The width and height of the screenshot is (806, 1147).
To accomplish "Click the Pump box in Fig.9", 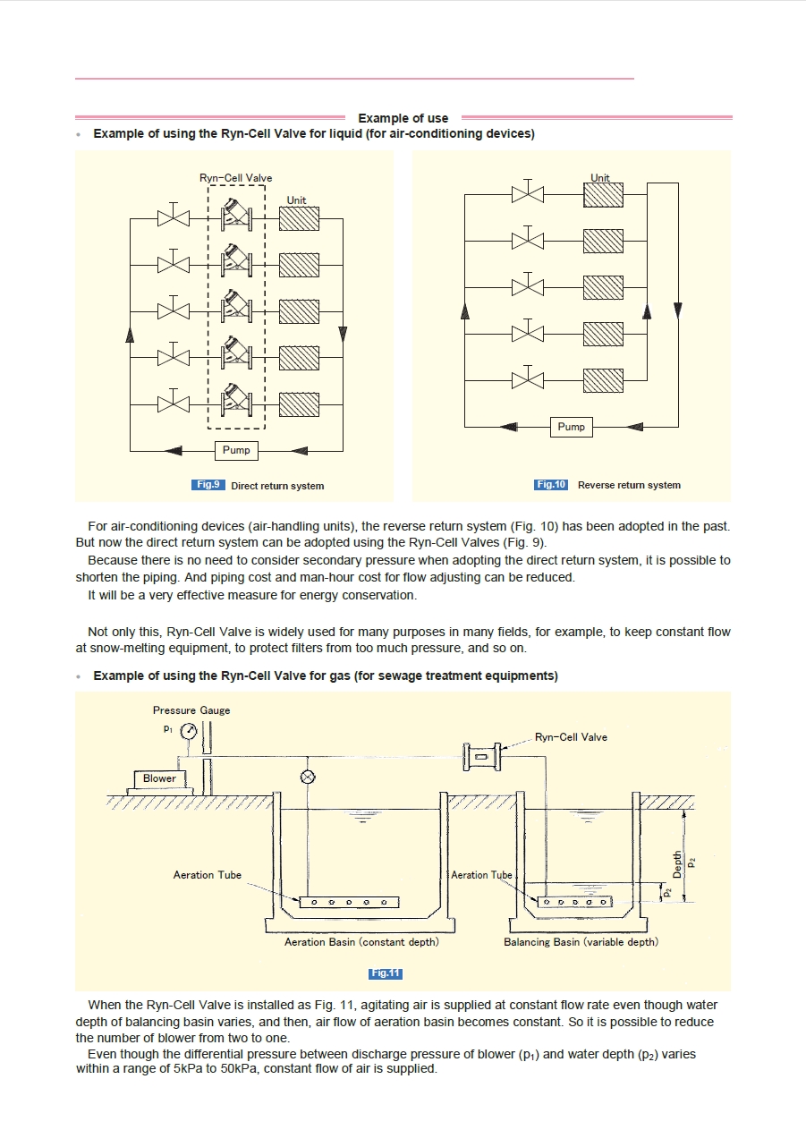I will pos(236,450).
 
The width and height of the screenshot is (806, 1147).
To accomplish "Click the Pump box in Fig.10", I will pos(571,427).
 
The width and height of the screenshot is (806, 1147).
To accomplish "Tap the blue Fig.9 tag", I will pos(208,485).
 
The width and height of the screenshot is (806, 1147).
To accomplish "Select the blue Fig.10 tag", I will pos(551,485).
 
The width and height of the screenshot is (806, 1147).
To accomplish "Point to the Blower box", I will pos(160,778).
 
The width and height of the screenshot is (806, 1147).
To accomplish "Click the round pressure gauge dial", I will pos(190,732).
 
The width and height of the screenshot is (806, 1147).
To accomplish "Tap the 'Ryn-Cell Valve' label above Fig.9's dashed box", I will pos(235,178).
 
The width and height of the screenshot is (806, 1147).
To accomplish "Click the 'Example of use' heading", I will pos(403,118).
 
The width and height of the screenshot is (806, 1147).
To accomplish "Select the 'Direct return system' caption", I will pos(277,486).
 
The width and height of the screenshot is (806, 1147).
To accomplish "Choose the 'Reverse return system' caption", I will pos(629,485).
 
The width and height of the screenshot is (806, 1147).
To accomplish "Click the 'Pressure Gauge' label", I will pos(191,710).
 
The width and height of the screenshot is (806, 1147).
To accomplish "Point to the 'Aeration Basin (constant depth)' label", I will pos(361,942).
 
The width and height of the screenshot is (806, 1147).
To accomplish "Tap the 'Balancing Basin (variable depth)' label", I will pos(581,942).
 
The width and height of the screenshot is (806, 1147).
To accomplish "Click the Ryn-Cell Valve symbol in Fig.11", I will pos(481,756).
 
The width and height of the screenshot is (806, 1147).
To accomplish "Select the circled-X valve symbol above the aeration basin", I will pos(309,777).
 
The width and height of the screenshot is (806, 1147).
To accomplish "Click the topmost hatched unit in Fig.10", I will pos(603,194).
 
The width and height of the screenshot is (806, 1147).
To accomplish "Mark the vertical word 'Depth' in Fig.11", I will pos(677,864).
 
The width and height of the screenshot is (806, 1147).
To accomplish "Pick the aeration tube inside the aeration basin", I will pos(349,902).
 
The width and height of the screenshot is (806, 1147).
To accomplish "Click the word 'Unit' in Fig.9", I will pos(296,200).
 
